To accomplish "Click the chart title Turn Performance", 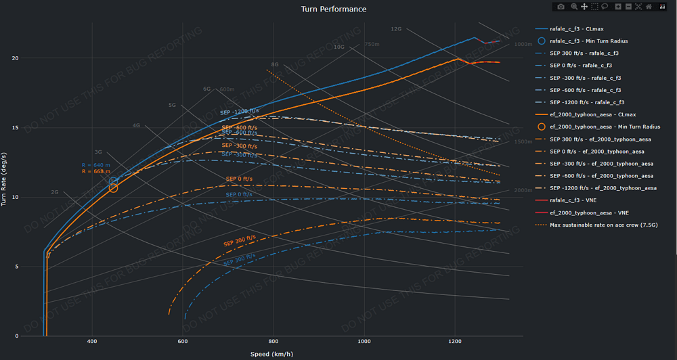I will (x=334, y=9).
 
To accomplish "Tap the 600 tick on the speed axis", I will (x=183, y=342).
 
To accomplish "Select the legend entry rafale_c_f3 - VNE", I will (x=573, y=200).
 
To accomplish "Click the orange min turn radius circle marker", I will (x=113, y=187).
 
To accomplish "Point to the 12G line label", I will (x=396, y=29).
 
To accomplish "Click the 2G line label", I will (x=55, y=192).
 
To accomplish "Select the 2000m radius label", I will (x=523, y=191).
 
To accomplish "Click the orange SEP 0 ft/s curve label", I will (x=239, y=179).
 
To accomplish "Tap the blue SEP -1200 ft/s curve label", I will (x=239, y=112).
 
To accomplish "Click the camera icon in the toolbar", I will (x=561, y=7).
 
